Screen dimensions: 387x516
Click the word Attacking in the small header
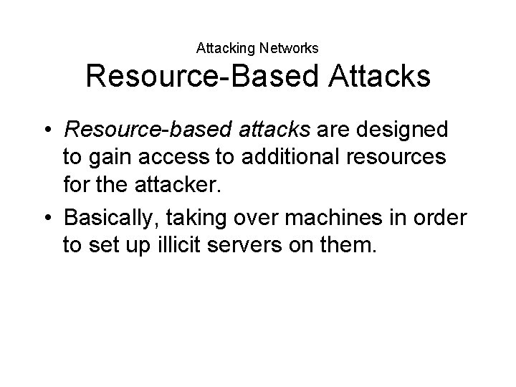pyautogui.click(x=221, y=49)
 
